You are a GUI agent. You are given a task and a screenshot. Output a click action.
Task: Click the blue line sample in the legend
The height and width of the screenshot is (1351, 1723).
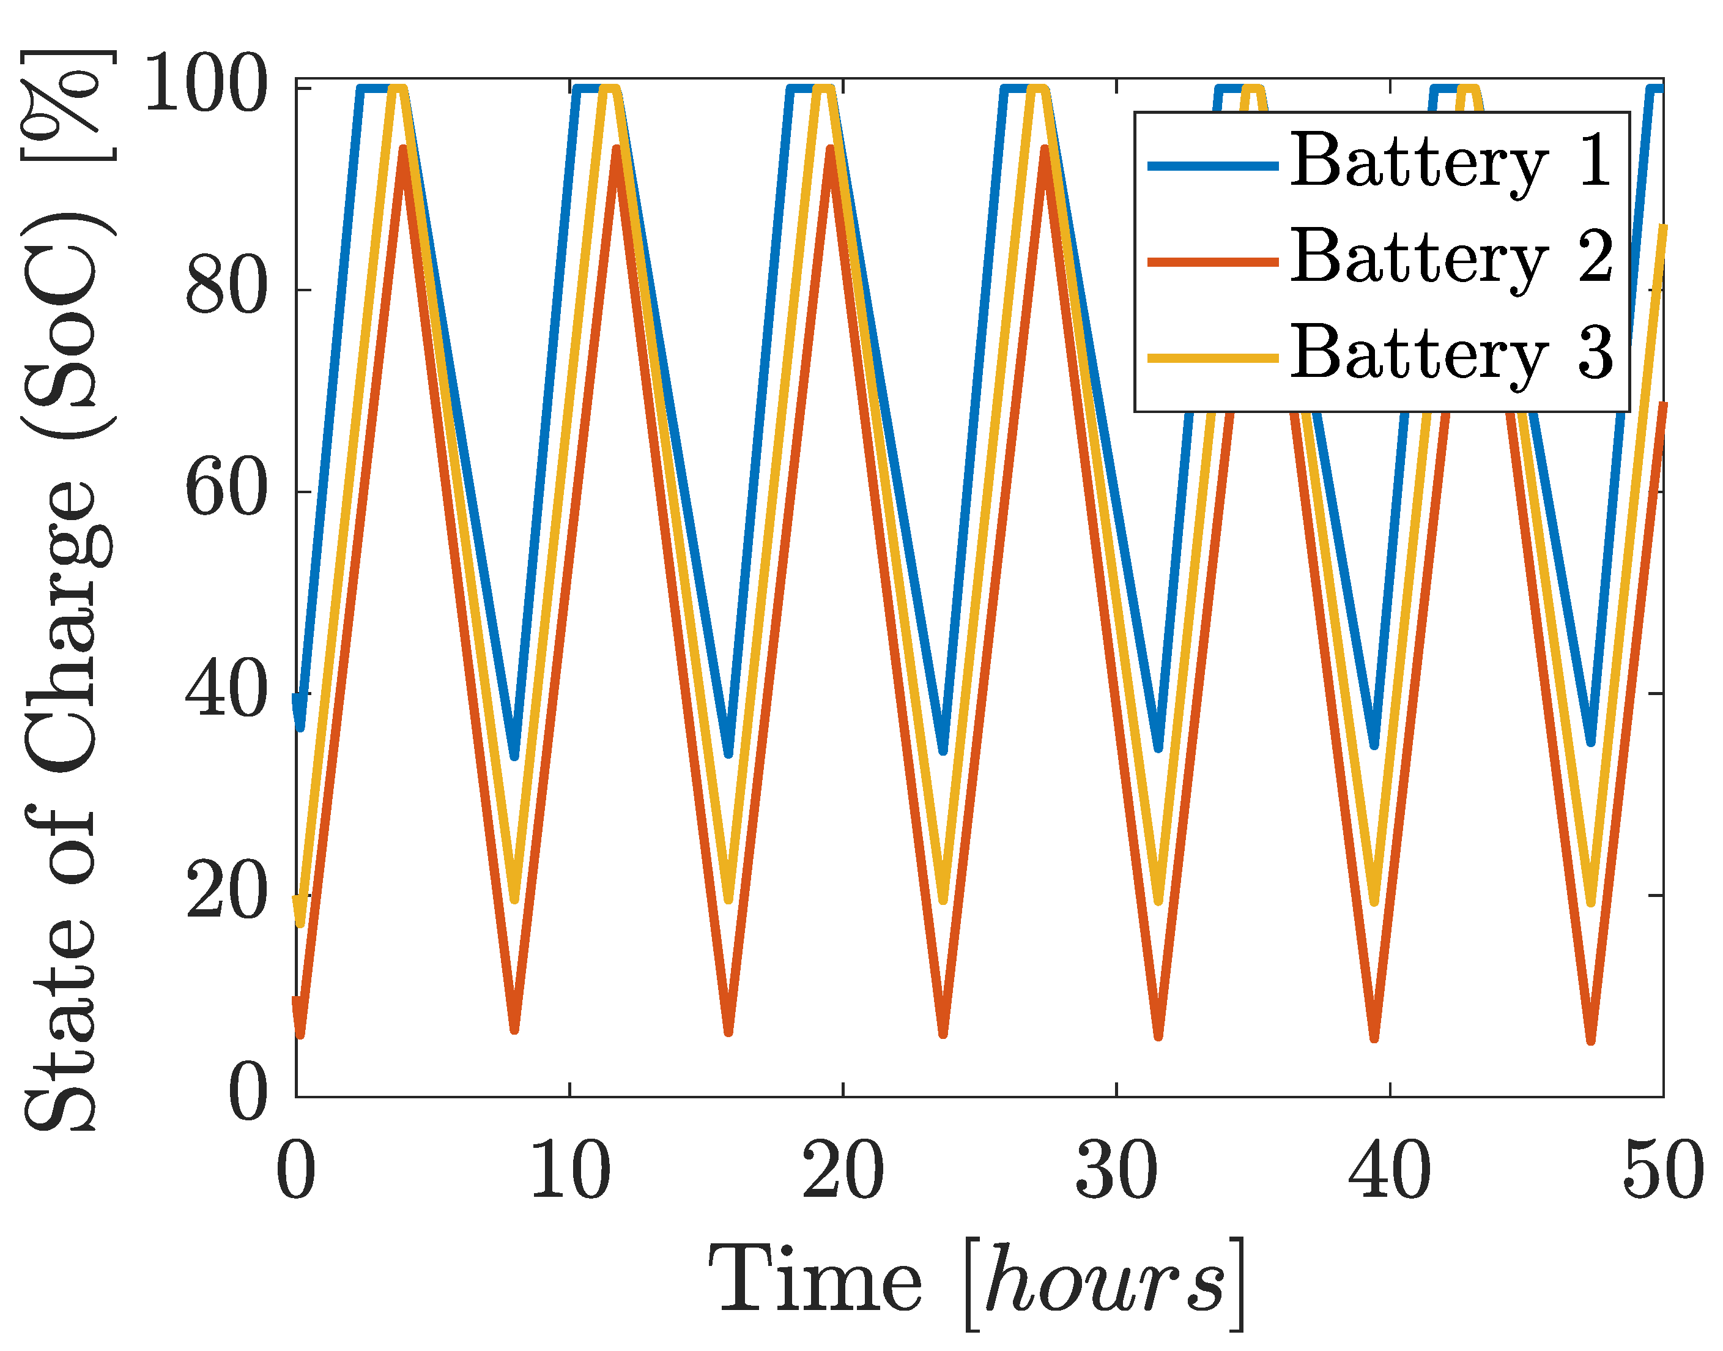point(1212,165)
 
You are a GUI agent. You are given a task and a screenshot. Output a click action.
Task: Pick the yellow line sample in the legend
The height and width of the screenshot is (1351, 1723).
point(1212,357)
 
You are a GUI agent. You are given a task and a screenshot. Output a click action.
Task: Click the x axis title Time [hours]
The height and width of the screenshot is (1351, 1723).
point(977,1281)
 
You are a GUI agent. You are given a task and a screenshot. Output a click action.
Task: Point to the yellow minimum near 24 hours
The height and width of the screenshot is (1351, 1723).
point(943,899)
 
